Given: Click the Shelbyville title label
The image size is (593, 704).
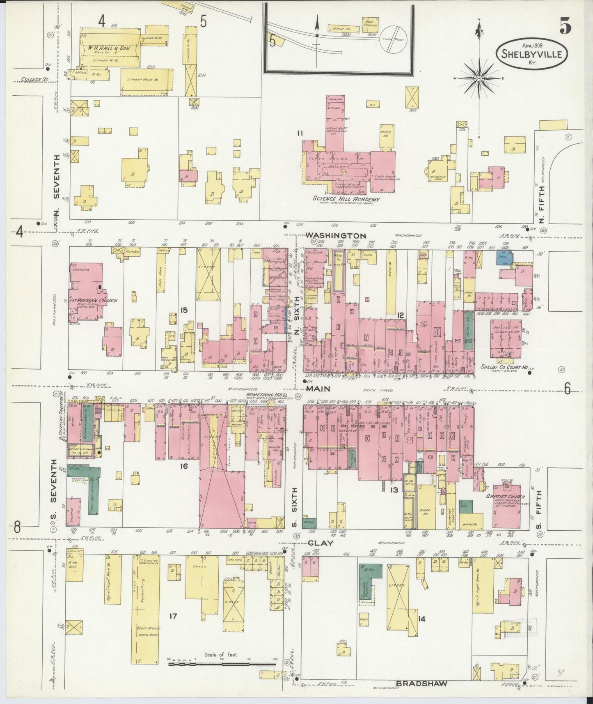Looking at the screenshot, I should (533, 55).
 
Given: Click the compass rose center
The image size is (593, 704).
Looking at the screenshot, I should (479, 78).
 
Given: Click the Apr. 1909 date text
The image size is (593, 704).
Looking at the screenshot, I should (520, 46).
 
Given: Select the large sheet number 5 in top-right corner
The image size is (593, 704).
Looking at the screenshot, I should (565, 27).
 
